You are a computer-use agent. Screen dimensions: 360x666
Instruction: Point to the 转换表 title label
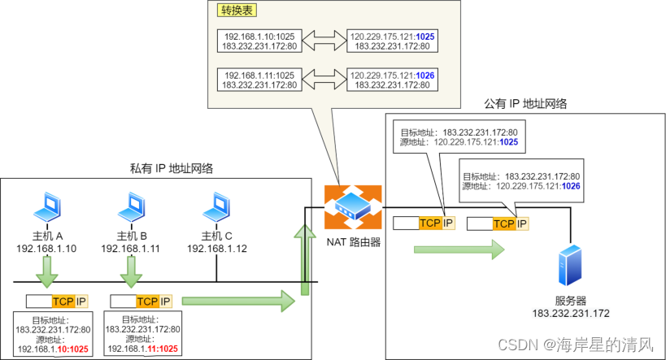coord(236,12)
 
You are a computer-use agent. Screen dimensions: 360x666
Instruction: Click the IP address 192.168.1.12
coord(216,249)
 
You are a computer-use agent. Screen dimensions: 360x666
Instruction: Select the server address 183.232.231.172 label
coord(571,313)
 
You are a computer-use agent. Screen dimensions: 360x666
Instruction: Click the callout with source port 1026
coord(522,180)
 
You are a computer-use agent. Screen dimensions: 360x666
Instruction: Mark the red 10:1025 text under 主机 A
coord(73,349)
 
